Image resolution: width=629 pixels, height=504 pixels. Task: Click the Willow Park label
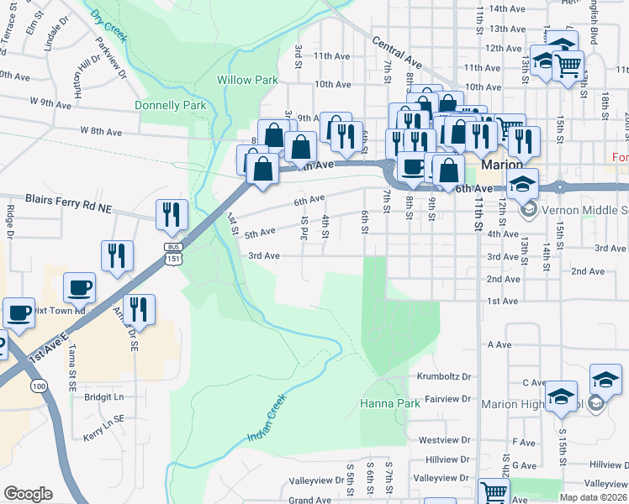click(x=247, y=80)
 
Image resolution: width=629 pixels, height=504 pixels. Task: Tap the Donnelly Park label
click(x=171, y=106)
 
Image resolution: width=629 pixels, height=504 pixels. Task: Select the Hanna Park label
click(x=389, y=403)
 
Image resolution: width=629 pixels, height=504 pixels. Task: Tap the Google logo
click(x=28, y=494)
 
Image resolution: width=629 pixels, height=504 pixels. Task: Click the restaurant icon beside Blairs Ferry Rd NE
click(x=170, y=216)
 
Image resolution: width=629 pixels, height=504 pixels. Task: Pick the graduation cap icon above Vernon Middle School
click(x=523, y=183)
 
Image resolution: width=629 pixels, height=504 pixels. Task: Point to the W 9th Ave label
click(x=50, y=102)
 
